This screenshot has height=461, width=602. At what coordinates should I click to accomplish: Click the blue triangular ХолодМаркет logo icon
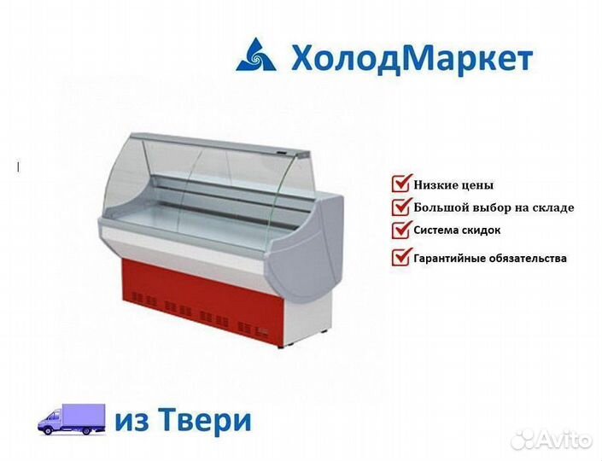(256, 55)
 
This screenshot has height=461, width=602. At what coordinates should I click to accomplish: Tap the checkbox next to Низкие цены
(401, 183)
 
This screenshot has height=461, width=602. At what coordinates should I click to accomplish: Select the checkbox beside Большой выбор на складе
(401, 206)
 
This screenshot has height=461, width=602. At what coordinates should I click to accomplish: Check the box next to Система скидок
(401, 229)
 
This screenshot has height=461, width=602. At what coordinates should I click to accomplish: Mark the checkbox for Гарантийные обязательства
(401, 256)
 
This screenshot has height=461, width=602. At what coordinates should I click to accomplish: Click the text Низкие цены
(453, 185)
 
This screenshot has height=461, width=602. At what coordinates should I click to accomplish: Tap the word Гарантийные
(450, 259)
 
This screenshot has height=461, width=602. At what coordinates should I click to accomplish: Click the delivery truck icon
(72, 419)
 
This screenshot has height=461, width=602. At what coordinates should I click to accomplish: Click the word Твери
(206, 419)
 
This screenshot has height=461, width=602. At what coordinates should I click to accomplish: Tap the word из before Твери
(132, 422)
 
